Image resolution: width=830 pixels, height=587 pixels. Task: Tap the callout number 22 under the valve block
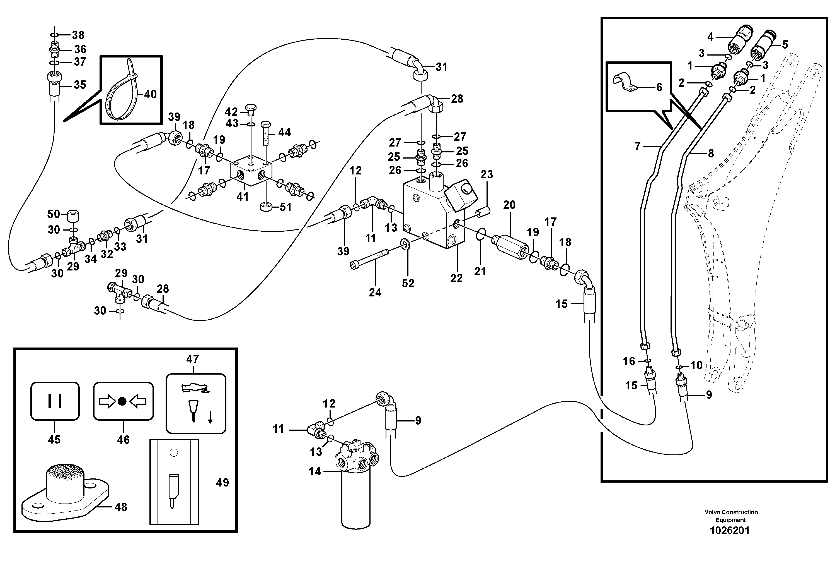[456, 278]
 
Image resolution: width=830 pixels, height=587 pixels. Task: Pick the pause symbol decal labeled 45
[55, 401]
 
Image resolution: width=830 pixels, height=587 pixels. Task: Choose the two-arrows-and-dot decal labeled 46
[123, 401]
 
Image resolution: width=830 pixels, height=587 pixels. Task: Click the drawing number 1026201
[730, 531]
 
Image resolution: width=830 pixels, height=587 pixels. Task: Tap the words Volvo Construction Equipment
[730, 516]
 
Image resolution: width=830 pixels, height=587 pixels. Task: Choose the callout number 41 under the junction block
[242, 197]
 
